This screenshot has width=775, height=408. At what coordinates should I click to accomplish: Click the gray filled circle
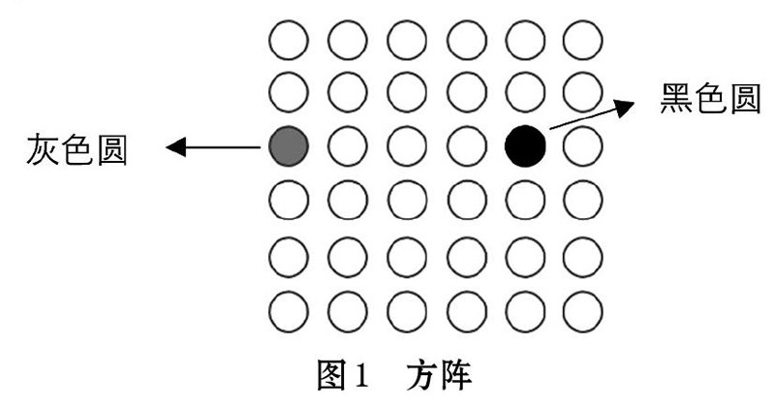tap(288, 146)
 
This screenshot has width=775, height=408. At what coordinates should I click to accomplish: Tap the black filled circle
tap(526, 146)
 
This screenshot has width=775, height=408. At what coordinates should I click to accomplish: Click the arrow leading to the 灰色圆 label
tap(213, 148)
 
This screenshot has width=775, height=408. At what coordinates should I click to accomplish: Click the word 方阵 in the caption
tap(439, 374)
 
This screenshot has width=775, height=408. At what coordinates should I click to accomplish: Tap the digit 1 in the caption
tap(361, 375)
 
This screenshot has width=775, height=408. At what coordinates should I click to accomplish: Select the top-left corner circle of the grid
tap(288, 42)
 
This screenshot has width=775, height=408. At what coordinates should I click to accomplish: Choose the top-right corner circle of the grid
tap(584, 42)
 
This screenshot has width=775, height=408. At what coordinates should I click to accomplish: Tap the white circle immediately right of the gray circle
tap(348, 146)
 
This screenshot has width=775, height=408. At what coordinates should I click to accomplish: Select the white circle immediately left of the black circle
tap(466, 146)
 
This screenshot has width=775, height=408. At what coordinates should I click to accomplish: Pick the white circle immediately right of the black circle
tap(584, 146)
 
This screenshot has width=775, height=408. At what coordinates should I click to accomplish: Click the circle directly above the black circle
tap(526, 92)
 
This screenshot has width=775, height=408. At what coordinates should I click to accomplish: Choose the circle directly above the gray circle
tap(288, 92)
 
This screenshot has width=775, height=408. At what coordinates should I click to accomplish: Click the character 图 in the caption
tap(334, 374)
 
